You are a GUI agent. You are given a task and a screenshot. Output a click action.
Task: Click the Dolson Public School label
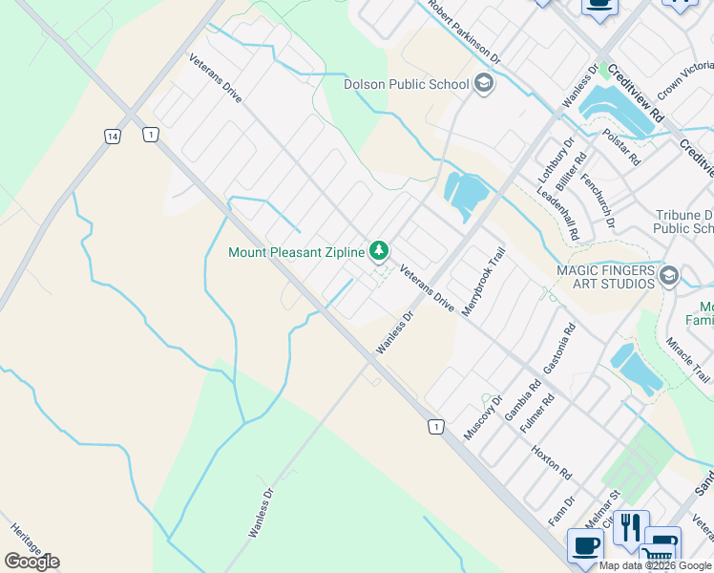406,83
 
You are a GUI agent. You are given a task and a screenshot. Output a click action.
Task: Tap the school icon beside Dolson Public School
484,83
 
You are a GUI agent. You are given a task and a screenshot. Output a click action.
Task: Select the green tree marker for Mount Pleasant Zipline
380,251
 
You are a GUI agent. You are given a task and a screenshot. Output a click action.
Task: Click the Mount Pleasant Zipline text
297,252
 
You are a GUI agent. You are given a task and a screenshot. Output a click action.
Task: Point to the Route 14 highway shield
113,137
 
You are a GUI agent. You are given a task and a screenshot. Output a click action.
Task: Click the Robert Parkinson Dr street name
465,31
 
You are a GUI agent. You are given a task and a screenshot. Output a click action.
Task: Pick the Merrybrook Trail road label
482,284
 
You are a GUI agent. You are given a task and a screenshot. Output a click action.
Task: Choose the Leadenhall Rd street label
558,213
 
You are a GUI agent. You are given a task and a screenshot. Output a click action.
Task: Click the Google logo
31,561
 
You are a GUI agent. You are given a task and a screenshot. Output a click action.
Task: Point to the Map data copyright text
656,565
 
